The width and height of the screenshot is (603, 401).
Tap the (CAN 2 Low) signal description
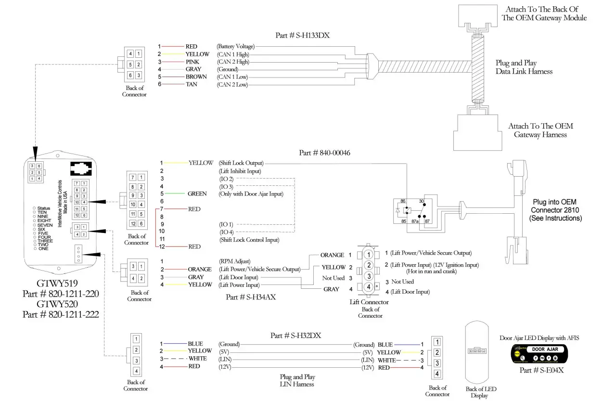click(232, 85)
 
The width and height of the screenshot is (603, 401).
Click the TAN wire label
click(192, 85)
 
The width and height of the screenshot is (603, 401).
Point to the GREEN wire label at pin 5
click(197, 194)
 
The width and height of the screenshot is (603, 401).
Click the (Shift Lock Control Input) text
click(249, 240)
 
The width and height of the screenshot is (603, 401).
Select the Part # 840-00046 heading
click(324, 153)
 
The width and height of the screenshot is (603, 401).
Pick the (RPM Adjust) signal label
click(234, 261)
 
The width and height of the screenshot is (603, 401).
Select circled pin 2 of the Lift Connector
click(368, 265)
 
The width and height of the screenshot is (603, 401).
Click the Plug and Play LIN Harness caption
click(297, 380)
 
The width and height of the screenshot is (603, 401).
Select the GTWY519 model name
click(58, 283)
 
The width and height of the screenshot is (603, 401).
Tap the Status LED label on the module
click(44, 208)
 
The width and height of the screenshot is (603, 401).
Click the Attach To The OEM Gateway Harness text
click(540, 130)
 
